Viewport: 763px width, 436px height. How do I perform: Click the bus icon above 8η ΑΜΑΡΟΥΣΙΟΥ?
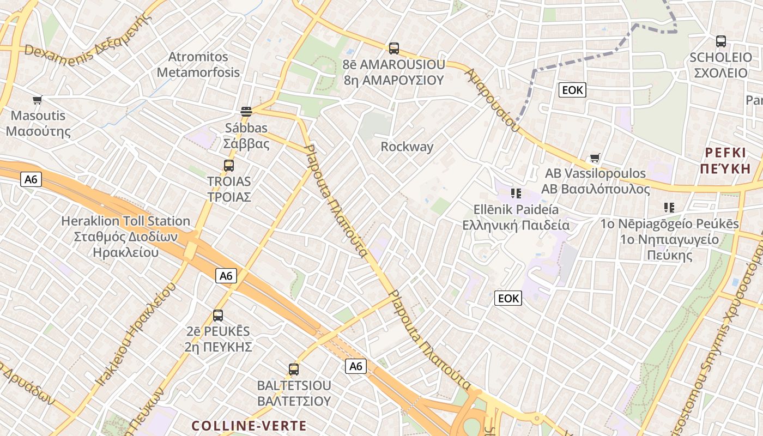point(394,49)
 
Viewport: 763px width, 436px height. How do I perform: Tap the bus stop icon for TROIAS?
point(229,166)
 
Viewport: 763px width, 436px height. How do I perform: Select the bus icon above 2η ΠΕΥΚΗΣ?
point(218,316)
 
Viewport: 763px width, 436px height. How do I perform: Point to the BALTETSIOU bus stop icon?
point(294,370)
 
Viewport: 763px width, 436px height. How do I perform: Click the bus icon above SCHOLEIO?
point(721,41)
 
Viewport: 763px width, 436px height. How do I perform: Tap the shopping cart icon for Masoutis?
point(37,100)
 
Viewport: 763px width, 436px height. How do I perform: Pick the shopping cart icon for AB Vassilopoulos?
point(595,158)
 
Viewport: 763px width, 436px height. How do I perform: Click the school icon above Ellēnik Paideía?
point(516,193)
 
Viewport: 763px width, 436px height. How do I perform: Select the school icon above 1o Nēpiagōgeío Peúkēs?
point(669,208)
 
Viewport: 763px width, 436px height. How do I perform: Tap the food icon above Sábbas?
point(246,112)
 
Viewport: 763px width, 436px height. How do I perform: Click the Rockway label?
point(407,147)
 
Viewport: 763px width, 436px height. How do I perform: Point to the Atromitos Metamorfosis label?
point(198,64)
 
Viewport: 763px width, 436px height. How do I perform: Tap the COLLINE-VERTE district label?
point(249,426)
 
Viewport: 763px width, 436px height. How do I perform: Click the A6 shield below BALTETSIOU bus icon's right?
point(356,366)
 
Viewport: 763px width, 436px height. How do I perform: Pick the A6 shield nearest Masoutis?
point(31,179)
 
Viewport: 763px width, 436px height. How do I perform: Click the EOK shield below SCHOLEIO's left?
point(572,90)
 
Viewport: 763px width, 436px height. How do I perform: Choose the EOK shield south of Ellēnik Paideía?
point(508,298)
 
